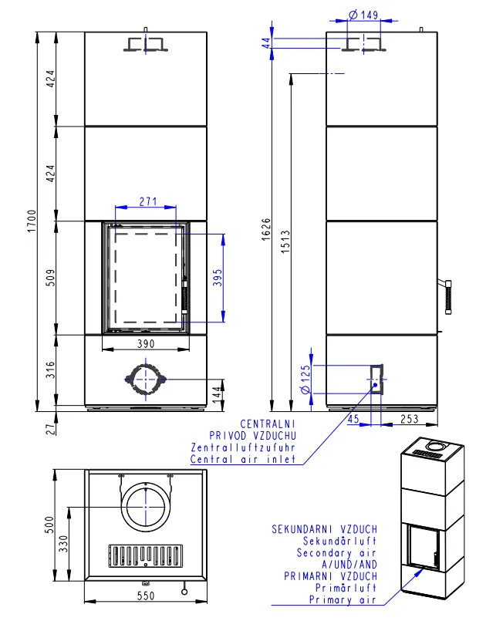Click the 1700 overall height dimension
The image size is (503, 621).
click(x=32, y=221)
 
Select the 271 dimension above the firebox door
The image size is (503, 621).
click(x=148, y=201)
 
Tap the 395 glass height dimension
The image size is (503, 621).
click(x=218, y=278)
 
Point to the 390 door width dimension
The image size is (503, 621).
click(x=146, y=344)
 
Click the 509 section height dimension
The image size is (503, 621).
click(x=51, y=278)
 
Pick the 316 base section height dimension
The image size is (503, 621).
click(x=51, y=370)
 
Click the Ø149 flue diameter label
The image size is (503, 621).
click(x=363, y=15)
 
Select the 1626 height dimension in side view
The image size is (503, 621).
click(x=266, y=229)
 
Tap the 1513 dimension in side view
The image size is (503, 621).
click(x=285, y=241)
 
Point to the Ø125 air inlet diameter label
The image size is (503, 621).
click(x=306, y=380)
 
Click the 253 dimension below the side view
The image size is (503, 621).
click(x=409, y=419)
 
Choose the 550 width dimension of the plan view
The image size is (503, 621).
click(x=146, y=596)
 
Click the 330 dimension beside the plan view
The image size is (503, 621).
click(x=63, y=544)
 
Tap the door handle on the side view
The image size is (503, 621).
click(x=447, y=297)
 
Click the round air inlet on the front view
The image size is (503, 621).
click(x=146, y=380)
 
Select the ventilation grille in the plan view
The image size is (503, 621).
click(x=146, y=555)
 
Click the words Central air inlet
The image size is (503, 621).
click(x=243, y=460)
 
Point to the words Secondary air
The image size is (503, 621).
click(x=336, y=553)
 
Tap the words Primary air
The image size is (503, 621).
click(x=343, y=599)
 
